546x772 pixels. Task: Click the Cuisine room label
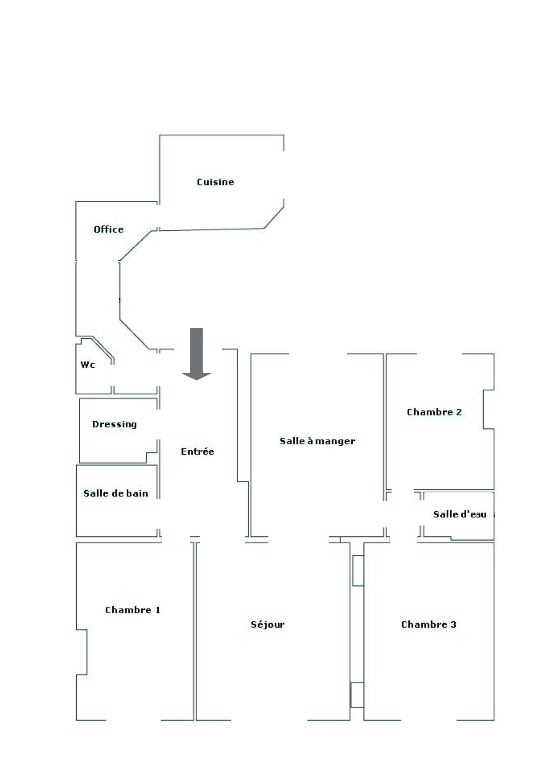coord(215,182)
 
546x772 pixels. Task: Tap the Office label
coord(109,229)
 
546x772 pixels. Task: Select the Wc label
coord(87,364)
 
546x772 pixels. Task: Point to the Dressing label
coord(114,424)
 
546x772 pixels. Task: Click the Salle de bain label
coord(116,493)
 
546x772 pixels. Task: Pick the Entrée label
coord(197,451)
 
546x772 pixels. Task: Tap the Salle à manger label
coord(317,441)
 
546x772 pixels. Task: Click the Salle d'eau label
coord(459,514)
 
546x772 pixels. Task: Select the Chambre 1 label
coord(133,610)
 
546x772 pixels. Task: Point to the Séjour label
coord(268,625)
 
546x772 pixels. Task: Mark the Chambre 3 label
coord(429,624)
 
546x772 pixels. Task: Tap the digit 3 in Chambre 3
coord(453,624)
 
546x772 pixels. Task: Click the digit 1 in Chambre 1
coord(158,610)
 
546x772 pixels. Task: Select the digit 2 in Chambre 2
coord(459,412)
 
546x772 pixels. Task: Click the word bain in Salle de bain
coord(138,493)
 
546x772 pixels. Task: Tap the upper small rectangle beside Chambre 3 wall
coord(358,571)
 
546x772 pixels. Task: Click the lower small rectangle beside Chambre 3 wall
coord(357,695)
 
